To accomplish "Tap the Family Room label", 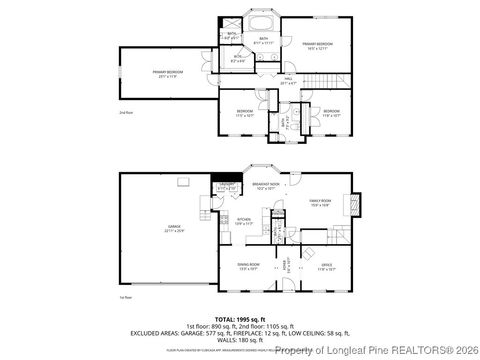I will (x=320, y=204).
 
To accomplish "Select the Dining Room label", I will (x=249, y=267).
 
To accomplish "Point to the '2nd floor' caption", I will (x=126, y=113).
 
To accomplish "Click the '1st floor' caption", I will (x=126, y=298).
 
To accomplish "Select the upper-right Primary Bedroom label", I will (x=319, y=45).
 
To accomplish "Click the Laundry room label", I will (x=226, y=187).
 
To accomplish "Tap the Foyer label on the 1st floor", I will (x=285, y=266).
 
